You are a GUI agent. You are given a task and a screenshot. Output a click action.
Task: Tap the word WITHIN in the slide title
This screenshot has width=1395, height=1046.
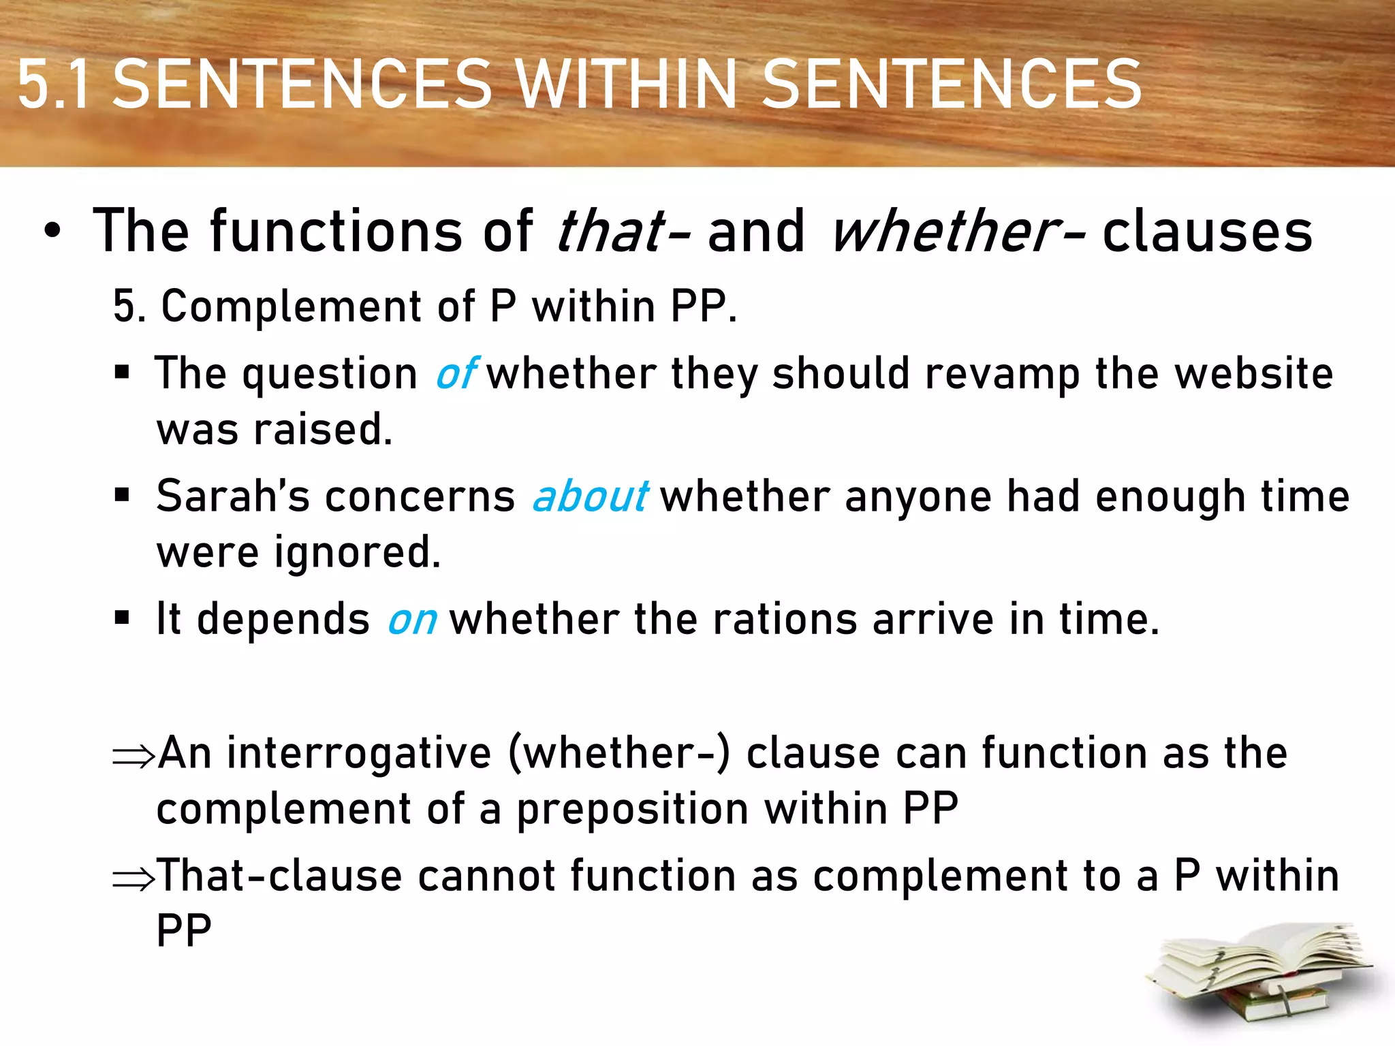click(x=626, y=84)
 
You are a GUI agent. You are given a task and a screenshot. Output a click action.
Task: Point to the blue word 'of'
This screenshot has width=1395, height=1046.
click(x=455, y=374)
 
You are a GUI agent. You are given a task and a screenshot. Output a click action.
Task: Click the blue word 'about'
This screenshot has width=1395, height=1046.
click(x=590, y=496)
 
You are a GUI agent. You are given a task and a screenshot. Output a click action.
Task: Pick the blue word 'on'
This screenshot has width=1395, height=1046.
click(x=411, y=620)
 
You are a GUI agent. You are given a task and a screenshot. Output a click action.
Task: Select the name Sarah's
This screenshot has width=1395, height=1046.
click(x=232, y=496)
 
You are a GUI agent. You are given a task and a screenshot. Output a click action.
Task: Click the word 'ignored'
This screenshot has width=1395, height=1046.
click(x=357, y=552)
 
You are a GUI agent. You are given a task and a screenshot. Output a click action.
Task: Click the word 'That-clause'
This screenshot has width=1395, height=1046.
click(x=279, y=876)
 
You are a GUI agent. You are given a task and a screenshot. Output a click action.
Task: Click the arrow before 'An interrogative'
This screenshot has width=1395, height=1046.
click(x=134, y=756)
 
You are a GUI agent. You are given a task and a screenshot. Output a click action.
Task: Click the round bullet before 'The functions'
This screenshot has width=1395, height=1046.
click(x=52, y=232)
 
